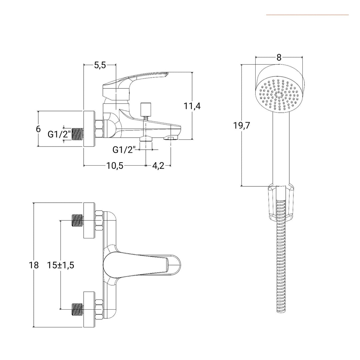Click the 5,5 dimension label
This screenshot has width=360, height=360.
coord(100,65)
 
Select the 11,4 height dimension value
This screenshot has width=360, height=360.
coord(192,106)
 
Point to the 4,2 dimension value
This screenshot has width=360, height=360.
coord(158,166)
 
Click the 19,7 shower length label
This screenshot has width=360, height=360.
coord(242,126)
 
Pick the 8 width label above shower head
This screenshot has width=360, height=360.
coord(279,57)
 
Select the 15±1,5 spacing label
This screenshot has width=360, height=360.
coord(60,265)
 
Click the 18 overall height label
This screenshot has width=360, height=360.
coord(34,265)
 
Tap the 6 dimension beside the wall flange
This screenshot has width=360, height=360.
coord(38,129)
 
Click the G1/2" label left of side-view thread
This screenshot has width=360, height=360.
coord(59,134)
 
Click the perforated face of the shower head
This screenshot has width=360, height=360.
coord(279,95)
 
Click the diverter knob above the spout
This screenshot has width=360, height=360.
coord(146,108)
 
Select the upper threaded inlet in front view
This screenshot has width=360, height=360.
coord(77,221)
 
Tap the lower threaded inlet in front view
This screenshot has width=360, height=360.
coord(77,309)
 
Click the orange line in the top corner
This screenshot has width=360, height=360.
coord(307,15)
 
